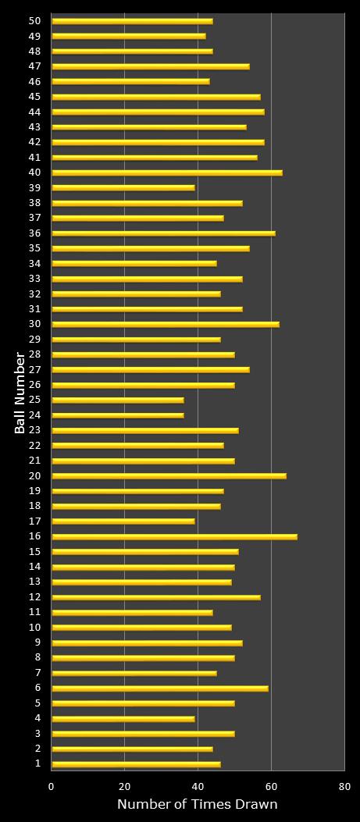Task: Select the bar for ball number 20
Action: click(x=169, y=476)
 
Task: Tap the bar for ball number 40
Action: click(x=167, y=173)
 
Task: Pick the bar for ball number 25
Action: click(x=118, y=400)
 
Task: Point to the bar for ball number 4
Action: click(x=123, y=719)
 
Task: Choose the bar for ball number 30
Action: click(x=166, y=325)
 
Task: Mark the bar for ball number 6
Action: click(x=160, y=689)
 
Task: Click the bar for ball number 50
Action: click(x=132, y=22)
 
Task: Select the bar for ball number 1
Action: click(x=136, y=764)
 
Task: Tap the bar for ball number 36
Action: click(x=163, y=233)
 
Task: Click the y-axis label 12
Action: click(x=34, y=597)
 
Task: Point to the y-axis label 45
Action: click(x=34, y=97)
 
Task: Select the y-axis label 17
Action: click(x=34, y=521)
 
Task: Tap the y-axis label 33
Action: click(x=34, y=279)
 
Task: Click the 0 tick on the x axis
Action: click(x=52, y=787)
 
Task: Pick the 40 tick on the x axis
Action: click(x=198, y=787)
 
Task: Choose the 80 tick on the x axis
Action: click(x=344, y=787)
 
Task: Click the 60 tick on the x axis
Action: click(x=271, y=787)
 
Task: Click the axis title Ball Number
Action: click(x=20, y=393)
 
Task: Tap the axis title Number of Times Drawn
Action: click(x=198, y=805)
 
